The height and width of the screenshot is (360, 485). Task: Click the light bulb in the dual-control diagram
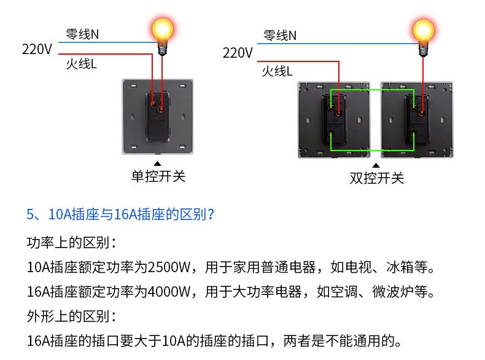422,32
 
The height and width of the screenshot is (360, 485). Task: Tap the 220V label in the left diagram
37,49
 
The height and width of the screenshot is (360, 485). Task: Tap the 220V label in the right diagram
238,53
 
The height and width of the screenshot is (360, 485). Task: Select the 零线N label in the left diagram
82,34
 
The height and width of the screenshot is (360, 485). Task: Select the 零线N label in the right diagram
280,36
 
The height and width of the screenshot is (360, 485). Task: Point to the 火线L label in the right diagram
277,71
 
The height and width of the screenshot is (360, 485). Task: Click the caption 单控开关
158,177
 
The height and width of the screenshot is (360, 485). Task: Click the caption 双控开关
377,178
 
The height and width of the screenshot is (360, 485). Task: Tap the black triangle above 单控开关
157,163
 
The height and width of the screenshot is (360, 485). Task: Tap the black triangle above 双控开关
376,165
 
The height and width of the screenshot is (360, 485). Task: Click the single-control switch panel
157,116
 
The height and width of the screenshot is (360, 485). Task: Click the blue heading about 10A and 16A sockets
120,214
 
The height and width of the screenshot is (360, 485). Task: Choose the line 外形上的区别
71,316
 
